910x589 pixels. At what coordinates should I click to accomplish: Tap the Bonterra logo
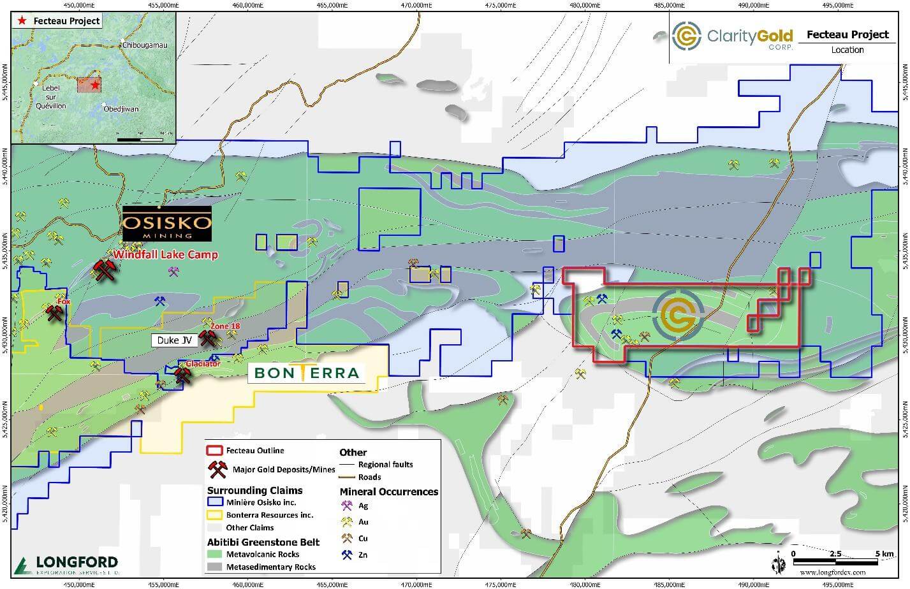point(306,373)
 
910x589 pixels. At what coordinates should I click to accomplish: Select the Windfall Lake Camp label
point(166,255)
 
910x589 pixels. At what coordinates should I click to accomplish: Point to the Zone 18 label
point(226,326)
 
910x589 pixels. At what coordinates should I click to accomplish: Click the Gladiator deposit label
point(203,363)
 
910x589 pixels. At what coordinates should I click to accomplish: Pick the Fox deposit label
point(62,301)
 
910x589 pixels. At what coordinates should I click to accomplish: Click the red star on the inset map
point(95,85)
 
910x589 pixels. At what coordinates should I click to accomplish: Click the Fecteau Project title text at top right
point(848,34)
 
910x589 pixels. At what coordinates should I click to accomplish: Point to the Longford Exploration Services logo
point(66,565)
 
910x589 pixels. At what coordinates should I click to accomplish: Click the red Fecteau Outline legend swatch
point(214,451)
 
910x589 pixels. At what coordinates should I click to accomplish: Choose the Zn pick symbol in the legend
point(347,555)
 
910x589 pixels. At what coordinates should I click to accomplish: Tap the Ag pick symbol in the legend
point(347,506)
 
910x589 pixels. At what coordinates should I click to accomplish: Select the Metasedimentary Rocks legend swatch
point(214,567)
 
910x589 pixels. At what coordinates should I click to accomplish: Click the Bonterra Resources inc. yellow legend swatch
point(214,515)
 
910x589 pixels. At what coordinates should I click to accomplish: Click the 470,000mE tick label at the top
point(416,4)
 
